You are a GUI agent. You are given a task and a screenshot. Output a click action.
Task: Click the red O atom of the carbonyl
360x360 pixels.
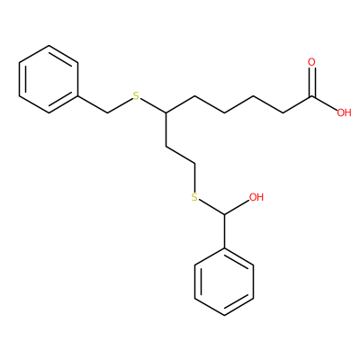click(x=312, y=62)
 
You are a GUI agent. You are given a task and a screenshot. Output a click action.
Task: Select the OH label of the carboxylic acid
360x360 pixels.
click(x=344, y=112)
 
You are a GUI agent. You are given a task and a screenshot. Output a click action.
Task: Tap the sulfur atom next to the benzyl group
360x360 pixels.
click(x=137, y=96)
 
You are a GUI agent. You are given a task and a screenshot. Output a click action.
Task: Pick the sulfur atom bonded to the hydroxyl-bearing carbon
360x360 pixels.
click(x=195, y=197)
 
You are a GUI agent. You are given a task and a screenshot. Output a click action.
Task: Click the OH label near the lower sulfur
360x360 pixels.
click(x=256, y=197)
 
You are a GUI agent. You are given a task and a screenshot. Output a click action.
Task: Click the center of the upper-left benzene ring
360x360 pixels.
click(x=49, y=79)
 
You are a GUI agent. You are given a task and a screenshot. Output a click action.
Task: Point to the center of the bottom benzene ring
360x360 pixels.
click(x=224, y=282)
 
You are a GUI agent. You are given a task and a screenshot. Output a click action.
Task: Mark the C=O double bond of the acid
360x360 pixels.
click(x=312, y=82)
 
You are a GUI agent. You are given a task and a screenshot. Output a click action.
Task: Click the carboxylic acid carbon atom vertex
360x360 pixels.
click(x=312, y=96)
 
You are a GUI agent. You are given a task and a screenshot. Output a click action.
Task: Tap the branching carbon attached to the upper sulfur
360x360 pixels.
click(x=166, y=113)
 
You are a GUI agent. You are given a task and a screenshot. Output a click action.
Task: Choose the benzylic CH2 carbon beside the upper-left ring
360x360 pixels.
click(x=107, y=113)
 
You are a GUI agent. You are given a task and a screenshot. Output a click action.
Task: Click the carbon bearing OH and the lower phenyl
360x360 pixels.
click(x=224, y=214)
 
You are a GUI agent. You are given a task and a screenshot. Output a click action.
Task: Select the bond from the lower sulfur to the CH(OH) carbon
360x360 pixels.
click(x=211, y=207)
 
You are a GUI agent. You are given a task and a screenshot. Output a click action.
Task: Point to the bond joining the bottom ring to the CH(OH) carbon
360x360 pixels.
click(x=224, y=231)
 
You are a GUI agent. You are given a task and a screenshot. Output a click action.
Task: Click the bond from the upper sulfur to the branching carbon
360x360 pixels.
click(x=153, y=106)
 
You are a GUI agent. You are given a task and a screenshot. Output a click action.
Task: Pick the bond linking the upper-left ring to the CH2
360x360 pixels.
click(x=93, y=104)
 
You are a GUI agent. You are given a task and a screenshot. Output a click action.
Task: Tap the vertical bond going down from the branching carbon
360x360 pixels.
click(x=166, y=130)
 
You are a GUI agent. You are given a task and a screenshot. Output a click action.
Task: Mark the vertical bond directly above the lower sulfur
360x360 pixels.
click(x=195, y=177)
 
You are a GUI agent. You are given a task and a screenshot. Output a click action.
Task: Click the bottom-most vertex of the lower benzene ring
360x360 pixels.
click(x=224, y=316)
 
